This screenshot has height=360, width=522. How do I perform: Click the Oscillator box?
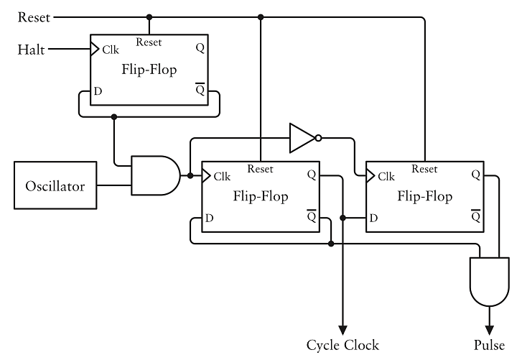(x=55, y=186)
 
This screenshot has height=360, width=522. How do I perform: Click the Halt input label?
(x=31, y=50)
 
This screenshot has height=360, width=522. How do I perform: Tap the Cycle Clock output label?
(x=342, y=344)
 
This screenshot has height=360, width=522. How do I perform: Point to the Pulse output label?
(x=489, y=344)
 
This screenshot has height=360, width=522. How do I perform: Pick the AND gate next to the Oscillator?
(x=154, y=176)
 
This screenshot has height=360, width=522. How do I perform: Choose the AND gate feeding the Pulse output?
(x=490, y=282)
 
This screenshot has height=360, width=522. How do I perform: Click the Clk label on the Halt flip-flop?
(x=111, y=50)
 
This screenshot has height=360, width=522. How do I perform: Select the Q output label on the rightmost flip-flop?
(x=477, y=175)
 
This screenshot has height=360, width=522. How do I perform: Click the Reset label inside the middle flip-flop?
(x=260, y=170)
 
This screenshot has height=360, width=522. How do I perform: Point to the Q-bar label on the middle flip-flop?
(x=311, y=216)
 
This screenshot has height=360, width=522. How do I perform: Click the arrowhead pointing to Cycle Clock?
(x=343, y=326)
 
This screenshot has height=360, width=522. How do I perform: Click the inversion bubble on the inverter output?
(x=318, y=138)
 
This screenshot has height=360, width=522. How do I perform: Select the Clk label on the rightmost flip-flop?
(x=386, y=176)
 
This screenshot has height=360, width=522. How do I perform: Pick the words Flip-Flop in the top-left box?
(x=149, y=71)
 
